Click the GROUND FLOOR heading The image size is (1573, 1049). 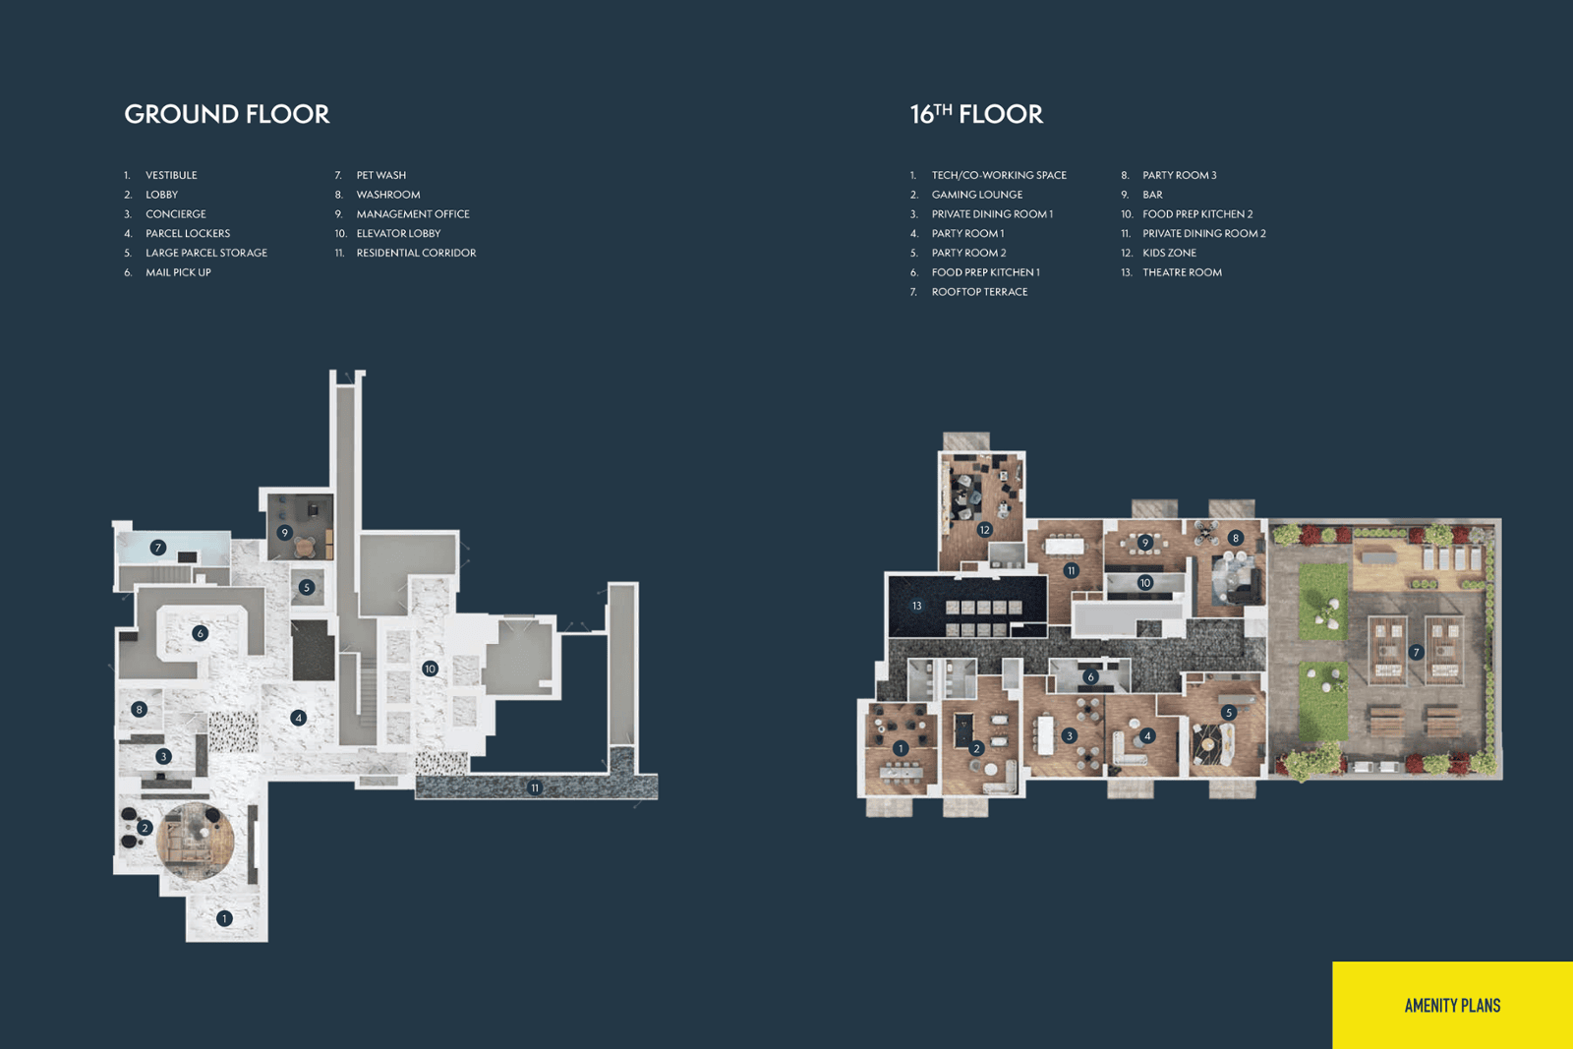coord(227,114)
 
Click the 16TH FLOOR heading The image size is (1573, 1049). coord(977,114)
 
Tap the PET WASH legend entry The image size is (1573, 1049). coord(381,175)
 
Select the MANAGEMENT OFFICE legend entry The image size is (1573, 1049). coord(413,214)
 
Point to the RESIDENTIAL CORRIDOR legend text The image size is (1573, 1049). coord(417,253)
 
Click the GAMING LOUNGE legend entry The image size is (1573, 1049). coord(977,195)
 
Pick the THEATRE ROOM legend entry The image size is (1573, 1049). coord(1182,272)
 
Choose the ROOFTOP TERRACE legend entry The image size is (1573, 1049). coord(979,292)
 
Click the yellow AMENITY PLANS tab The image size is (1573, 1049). coord(1452,1006)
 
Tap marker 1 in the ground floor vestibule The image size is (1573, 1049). coord(224,918)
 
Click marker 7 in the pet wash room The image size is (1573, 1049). coord(158,547)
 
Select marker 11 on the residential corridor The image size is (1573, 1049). coord(535,787)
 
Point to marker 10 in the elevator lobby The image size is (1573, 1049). coord(430,669)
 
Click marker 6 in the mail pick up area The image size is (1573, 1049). coord(201,633)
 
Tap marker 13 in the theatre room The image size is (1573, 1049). coord(916,606)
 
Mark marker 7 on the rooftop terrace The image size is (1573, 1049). coord(1416,652)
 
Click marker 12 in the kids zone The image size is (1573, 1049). coord(984,530)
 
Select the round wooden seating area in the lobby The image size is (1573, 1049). coord(196,842)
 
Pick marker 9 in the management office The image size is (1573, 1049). coord(284,533)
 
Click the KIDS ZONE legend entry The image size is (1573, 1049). coord(1169,253)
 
